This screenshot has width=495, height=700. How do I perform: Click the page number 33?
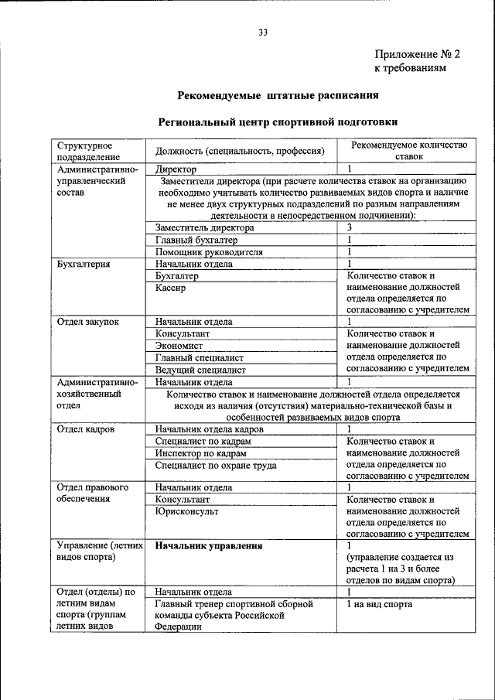click(263, 32)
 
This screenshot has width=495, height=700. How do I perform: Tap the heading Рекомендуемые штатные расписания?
click(278, 97)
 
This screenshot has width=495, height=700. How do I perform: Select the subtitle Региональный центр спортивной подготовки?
click(278, 122)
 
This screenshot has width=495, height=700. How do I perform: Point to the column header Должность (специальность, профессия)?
click(239, 151)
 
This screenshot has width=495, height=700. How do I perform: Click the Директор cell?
click(176, 169)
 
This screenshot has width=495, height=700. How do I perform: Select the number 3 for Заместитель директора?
click(350, 227)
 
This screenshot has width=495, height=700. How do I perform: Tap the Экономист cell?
click(179, 346)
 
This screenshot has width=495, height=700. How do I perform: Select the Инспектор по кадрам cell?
click(201, 452)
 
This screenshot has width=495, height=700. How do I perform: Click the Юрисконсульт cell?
click(186, 511)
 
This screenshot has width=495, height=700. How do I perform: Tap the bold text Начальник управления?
click(209, 546)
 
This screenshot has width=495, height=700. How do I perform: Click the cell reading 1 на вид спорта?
click(380, 604)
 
